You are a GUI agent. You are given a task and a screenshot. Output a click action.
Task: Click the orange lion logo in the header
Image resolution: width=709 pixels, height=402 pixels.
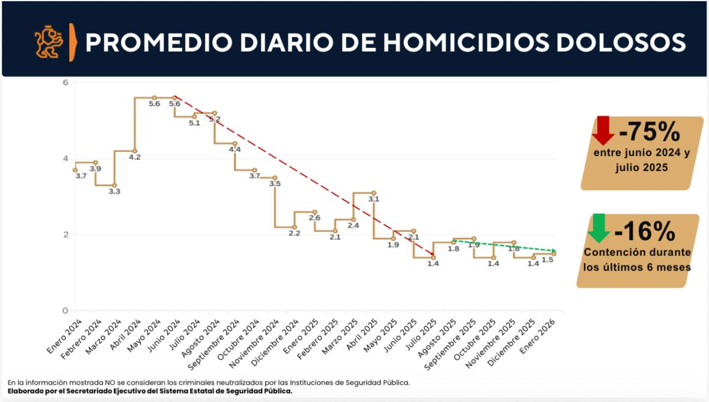49,42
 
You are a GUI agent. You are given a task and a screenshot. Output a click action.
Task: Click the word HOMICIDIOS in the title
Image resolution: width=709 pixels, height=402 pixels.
461,43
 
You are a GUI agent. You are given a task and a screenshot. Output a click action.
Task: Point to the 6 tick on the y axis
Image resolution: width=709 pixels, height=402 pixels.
65,82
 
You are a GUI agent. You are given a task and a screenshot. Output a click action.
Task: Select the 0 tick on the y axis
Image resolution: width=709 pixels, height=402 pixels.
65,311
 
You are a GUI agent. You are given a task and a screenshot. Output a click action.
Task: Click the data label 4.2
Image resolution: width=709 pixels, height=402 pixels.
135,157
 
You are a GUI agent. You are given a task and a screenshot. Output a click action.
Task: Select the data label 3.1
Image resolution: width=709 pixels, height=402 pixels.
373,199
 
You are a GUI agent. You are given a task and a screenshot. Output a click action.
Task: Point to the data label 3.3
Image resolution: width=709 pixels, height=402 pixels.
114,191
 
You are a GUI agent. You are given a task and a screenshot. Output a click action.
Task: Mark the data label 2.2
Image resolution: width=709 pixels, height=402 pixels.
294,233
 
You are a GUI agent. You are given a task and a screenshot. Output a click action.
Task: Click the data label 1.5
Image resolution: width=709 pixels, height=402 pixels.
547,260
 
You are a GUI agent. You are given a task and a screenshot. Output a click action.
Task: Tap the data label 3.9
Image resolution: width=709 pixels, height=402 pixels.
95,169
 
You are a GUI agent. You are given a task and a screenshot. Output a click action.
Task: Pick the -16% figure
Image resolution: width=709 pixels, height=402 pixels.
645,231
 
